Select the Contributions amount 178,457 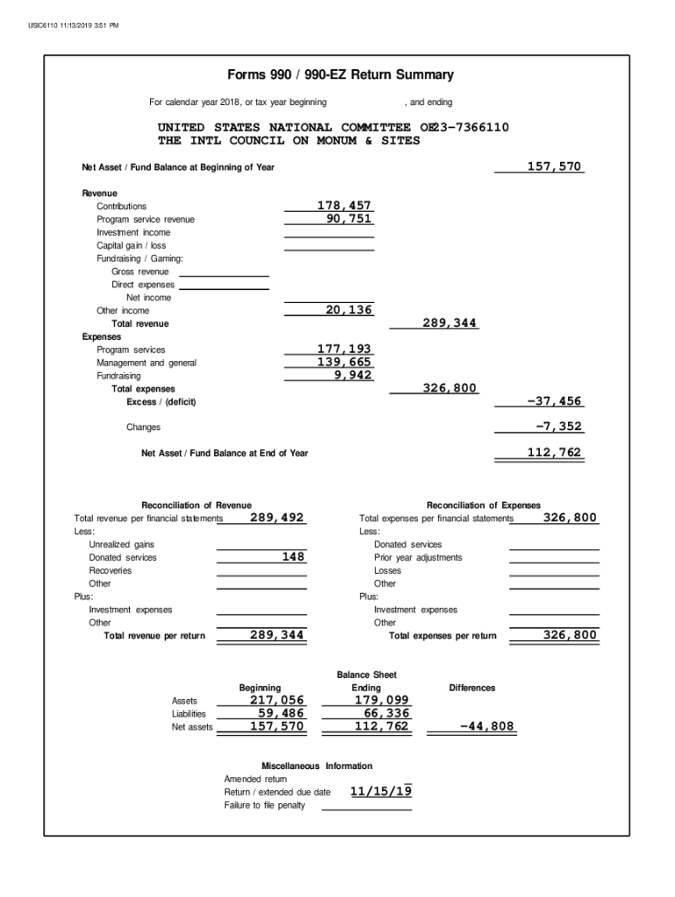click(x=345, y=206)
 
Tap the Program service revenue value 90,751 click(x=349, y=219)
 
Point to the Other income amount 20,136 click(x=349, y=310)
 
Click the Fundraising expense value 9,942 click(x=353, y=376)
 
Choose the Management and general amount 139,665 click(x=345, y=363)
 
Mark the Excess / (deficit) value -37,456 click(x=554, y=401)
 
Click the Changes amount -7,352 click(x=558, y=427)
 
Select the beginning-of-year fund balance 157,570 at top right click(x=554, y=166)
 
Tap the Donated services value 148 click(x=293, y=557)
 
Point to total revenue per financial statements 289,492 click(x=277, y=518)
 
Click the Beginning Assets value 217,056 click(x=277, y=700)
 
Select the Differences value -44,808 click(x=487, y=726)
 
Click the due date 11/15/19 click(x=380, y=792)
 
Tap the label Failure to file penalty click(x=265, y=805)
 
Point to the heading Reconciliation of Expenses click(x=483, y=505)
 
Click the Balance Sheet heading click(x=366, y=675)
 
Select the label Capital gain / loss click(x=131, y=245)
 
